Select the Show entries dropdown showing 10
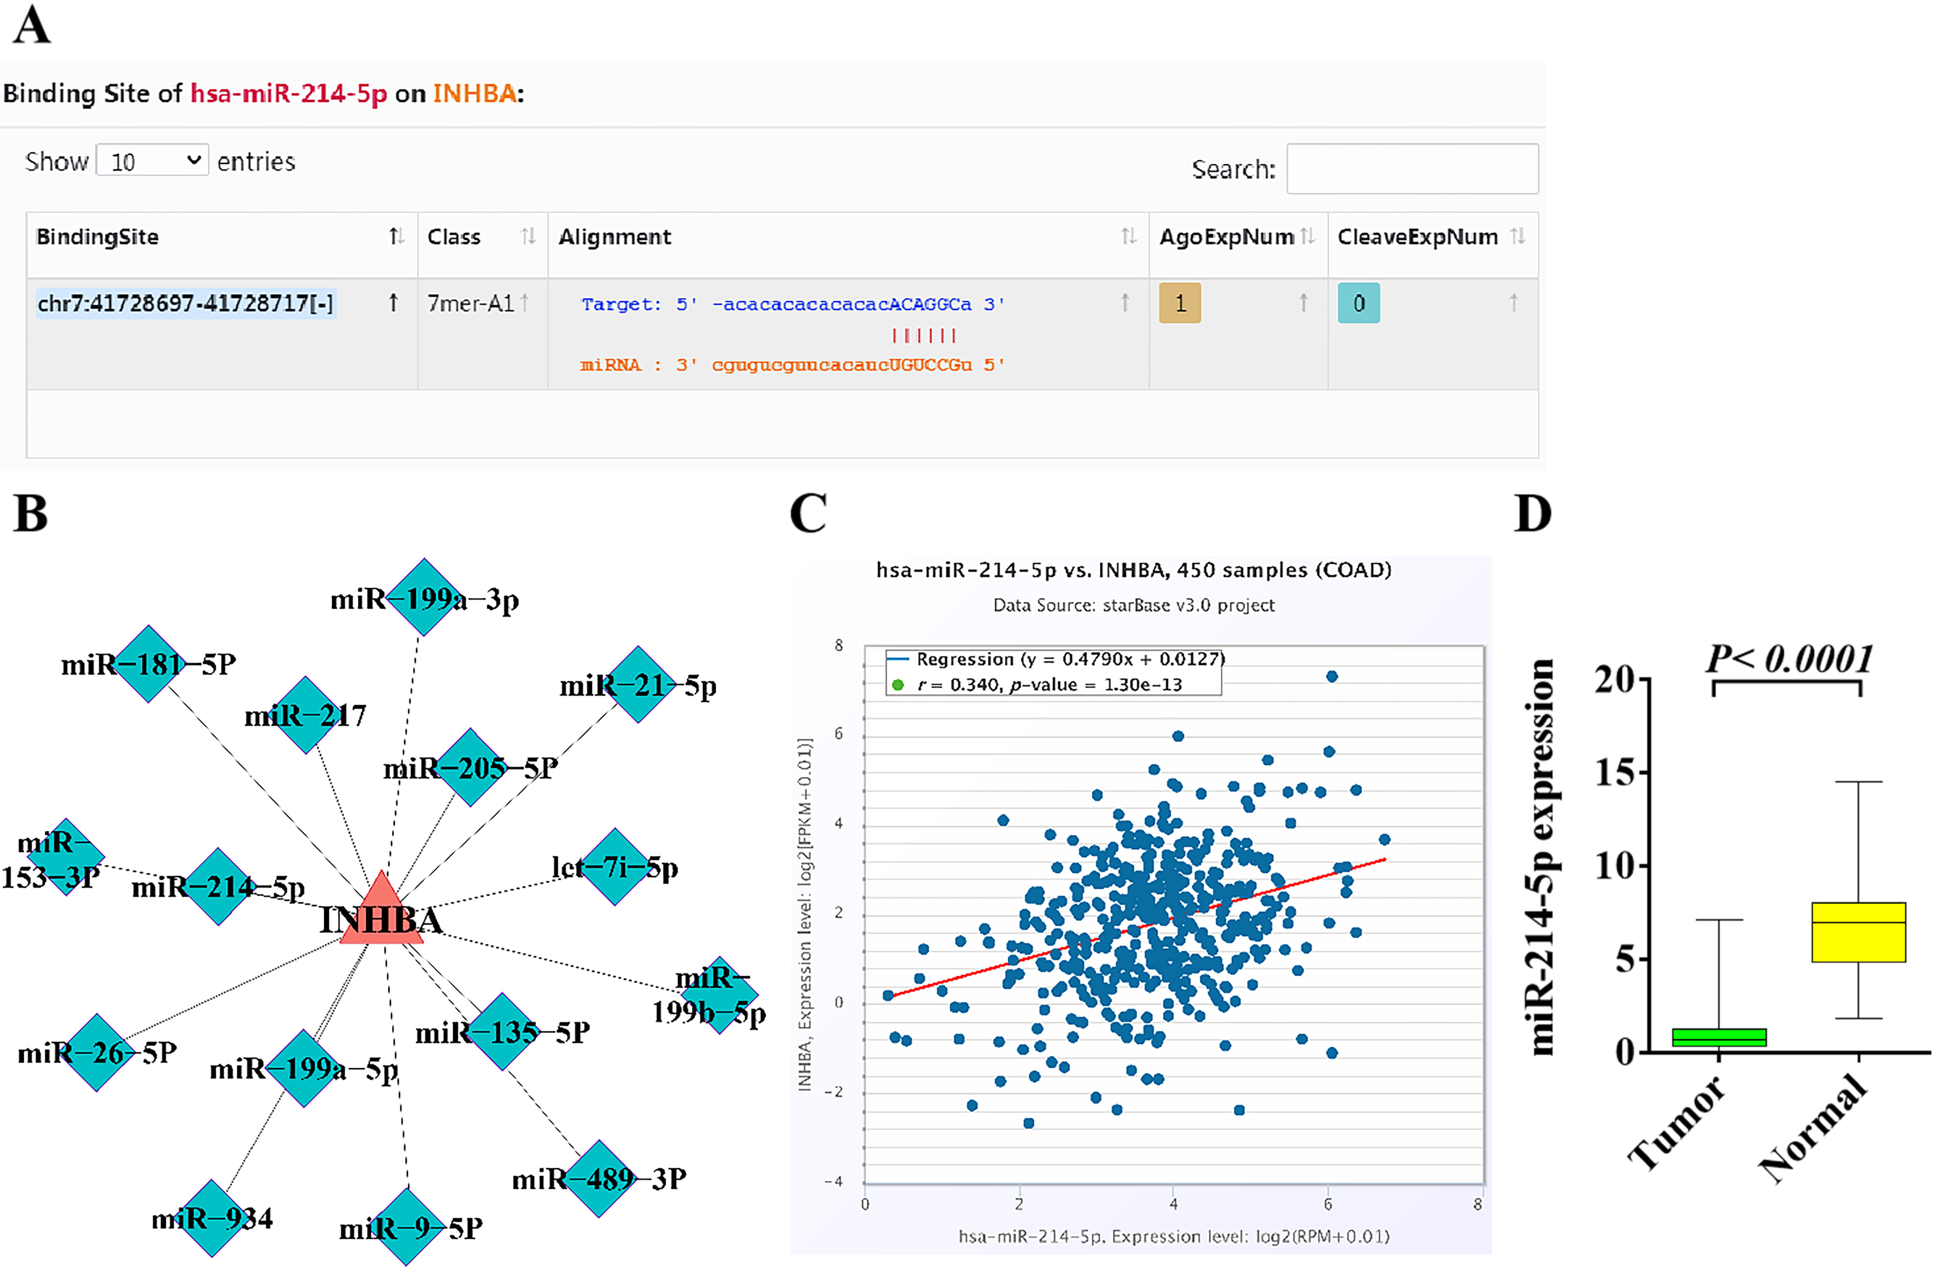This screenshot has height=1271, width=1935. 152,160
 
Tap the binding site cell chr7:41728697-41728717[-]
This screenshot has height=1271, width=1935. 185,303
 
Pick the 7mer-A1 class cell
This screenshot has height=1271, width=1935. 471,303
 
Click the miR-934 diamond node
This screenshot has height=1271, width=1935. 212,1217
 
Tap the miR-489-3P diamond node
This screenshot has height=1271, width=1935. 599,1178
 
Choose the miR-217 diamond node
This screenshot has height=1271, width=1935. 306,715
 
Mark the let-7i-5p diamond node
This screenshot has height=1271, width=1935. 615,867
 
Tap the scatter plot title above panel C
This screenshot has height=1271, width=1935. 1133,570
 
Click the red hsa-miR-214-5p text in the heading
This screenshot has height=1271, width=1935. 289,93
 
